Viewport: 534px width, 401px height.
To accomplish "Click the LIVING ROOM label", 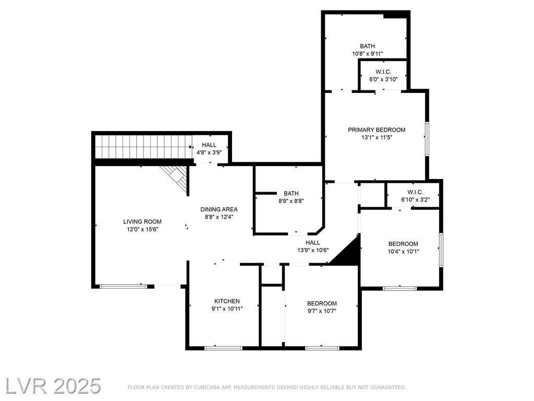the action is click(x=142, y=221).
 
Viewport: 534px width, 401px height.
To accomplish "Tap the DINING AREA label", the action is click(x=219, y=209).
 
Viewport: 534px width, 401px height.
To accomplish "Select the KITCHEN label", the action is click(x=227, y=301).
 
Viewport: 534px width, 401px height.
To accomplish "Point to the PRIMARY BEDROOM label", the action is click(x=377, y=130).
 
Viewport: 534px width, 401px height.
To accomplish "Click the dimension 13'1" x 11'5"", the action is click(x=377, y=138).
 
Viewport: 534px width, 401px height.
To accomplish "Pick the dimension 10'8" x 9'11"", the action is click(x=368, y=54).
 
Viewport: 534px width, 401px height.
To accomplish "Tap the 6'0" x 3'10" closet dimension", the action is click(x=383, y=79).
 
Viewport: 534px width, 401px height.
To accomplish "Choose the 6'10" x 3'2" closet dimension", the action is click(x=416, y=200).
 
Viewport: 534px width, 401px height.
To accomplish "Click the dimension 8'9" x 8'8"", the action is click(x=291, y=201).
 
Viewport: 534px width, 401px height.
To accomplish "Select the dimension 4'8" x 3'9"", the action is click(x=209, y=153).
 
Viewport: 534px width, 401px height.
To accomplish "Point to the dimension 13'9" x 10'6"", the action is click(x=313, y=250).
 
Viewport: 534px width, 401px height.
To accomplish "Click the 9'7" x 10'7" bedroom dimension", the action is click(x=322, y=311).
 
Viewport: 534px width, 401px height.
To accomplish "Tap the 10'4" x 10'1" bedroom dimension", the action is click(x=403, y=252).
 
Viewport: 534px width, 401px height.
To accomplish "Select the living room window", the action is click(x=123, y=287).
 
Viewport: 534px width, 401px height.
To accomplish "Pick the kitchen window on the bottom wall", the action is click(x=223, y=348).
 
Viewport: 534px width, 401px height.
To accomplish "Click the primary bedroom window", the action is click(x=427, y=139).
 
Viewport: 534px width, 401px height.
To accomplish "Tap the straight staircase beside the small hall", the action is click(x=143, y=147).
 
